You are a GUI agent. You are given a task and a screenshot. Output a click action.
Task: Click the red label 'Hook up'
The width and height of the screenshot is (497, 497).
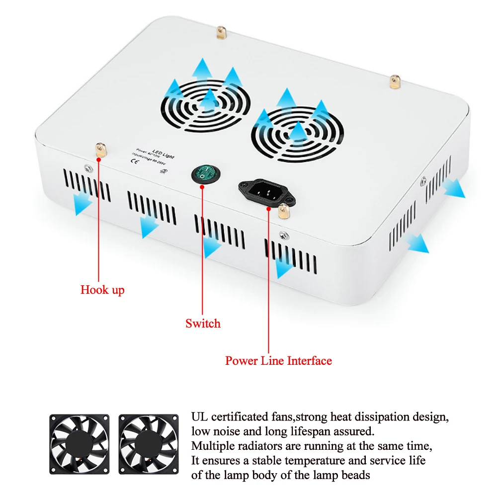pyautogui.click(x=102, y=289)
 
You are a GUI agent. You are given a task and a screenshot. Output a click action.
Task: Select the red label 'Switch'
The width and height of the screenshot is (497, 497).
pyautogui.click(x=203, y=324)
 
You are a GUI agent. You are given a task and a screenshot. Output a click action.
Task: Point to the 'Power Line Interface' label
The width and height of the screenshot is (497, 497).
pyautogui.click(x=278, y=360)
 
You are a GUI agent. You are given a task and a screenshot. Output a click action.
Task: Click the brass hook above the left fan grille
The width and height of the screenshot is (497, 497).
pyautogui.click(x=219, y=33)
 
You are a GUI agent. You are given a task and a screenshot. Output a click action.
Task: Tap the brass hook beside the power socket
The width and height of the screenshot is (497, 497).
pyautogui.click(x=284, y=211)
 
